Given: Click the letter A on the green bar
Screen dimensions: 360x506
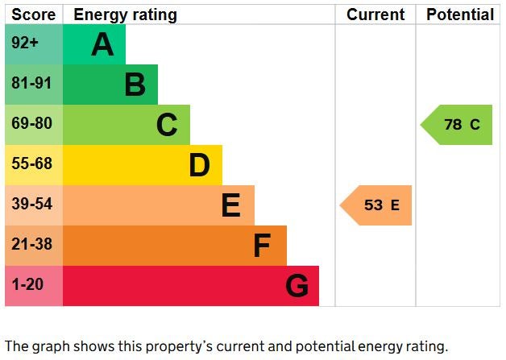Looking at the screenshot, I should pos(102,45).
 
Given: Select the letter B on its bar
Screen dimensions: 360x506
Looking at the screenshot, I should pos(135,85).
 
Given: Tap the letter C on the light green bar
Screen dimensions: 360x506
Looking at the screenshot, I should pos(167,125).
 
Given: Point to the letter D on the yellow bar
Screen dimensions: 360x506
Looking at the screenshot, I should pos(199,165).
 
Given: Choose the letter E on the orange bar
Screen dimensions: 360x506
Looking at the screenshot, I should pos(230,205).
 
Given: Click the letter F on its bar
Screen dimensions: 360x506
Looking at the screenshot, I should pos(262,246).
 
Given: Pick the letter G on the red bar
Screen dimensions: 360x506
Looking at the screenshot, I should pos(297,286).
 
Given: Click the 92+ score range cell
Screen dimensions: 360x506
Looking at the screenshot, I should pos(33,44).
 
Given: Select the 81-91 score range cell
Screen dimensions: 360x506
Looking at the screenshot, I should pos(33,85).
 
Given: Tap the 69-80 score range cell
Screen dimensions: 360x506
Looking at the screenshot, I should pos(33,125).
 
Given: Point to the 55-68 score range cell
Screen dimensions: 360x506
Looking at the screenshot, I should pos(33,165).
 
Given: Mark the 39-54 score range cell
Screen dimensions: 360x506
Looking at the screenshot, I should pos(33,205).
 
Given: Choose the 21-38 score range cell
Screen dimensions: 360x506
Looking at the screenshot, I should pos(33,246).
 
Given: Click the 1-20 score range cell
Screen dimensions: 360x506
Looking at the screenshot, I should pos(33,286).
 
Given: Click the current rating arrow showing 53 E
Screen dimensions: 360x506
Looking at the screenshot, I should pos(377,205).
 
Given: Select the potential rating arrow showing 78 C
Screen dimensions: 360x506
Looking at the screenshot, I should pos(458,125).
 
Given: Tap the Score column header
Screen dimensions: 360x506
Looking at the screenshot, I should pos(34,14).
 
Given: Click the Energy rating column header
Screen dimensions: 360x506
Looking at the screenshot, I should pos(125,14).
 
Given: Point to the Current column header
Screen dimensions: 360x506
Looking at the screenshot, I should pos(375,14).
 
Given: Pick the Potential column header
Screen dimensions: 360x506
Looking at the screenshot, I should pos(459,14).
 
